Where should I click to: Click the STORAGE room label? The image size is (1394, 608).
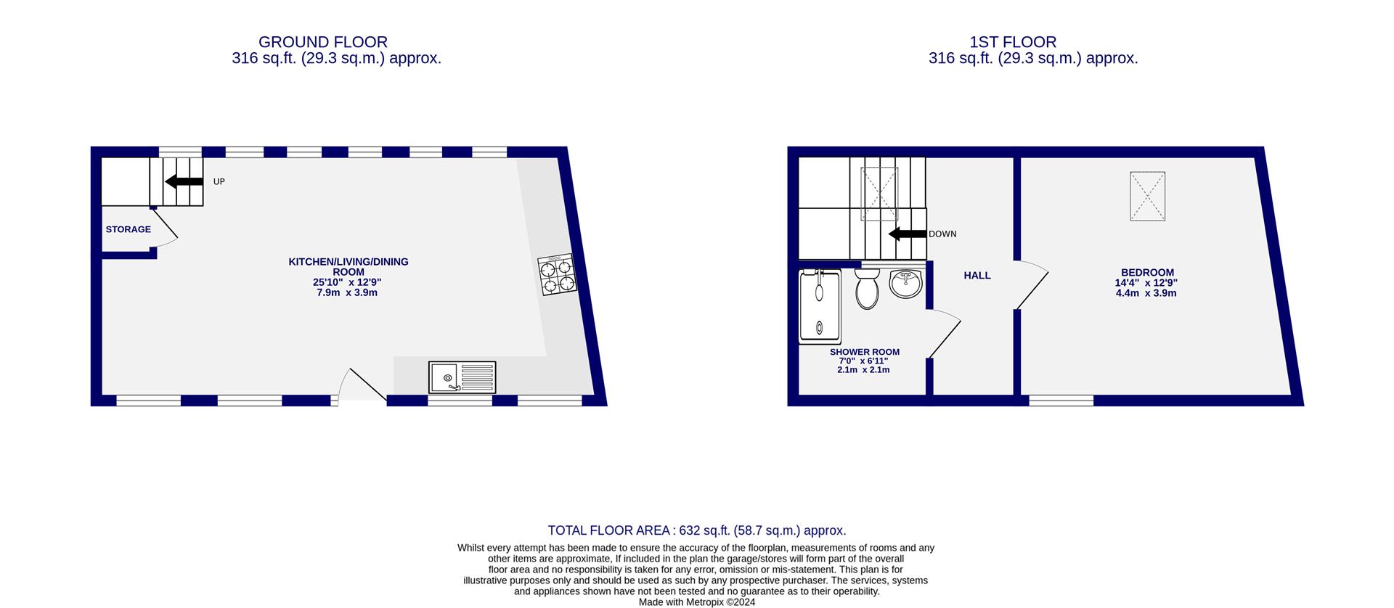click(x=129, y=229)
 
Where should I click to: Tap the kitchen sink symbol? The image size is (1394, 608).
click(x=462, y=377)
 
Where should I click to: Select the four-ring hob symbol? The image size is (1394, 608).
click(x=558, y=274)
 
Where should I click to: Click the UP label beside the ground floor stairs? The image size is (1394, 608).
click(x=219, y=181)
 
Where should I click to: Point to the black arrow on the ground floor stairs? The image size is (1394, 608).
click(x=184, y=181)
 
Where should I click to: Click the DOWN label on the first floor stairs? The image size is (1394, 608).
click(x=942, y=234)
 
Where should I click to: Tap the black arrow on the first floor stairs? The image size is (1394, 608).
click(x=907, y=234)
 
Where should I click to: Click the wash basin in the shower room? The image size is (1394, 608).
click(x=905, y=283)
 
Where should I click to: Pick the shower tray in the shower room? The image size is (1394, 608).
click(x=820, y=305)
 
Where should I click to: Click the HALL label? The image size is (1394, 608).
click(x=977, y=276)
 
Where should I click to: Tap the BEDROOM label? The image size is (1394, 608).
click(x=1147, y=273)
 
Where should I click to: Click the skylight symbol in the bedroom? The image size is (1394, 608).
click(x=1147, y=196)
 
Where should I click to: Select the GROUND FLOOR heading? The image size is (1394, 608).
click(x=323, y=42)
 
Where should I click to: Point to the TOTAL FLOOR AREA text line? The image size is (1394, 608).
click(x=697, y=530)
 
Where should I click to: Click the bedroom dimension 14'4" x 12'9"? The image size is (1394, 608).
click(x=1146, y=283)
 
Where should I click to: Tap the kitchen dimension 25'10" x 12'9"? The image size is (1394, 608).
click(x=347, y=282)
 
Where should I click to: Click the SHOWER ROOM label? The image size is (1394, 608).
click(x=865, y=352)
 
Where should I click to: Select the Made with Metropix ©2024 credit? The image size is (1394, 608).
click(x=697, y=601)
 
